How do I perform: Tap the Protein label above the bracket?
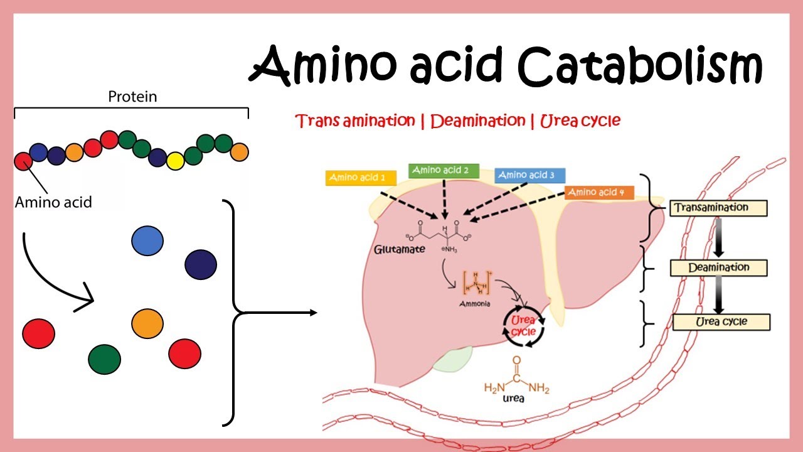click(132, 97)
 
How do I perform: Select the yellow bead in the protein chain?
click(176, 161)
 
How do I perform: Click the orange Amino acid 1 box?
click(361, 178)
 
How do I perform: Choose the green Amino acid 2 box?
click(444, 170)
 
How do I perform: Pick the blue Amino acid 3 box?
click(529, 175)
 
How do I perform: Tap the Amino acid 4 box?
click(599, 193)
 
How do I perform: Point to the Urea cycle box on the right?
click(721, 322)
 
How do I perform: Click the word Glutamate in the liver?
click(400, 249)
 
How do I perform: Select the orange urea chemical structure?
click(516, 380)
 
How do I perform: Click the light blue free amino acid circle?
click(147, 240)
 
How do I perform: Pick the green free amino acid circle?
click(104, 359)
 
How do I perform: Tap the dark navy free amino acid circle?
click(201, 264)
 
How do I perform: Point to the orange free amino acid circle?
click(147, 323)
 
